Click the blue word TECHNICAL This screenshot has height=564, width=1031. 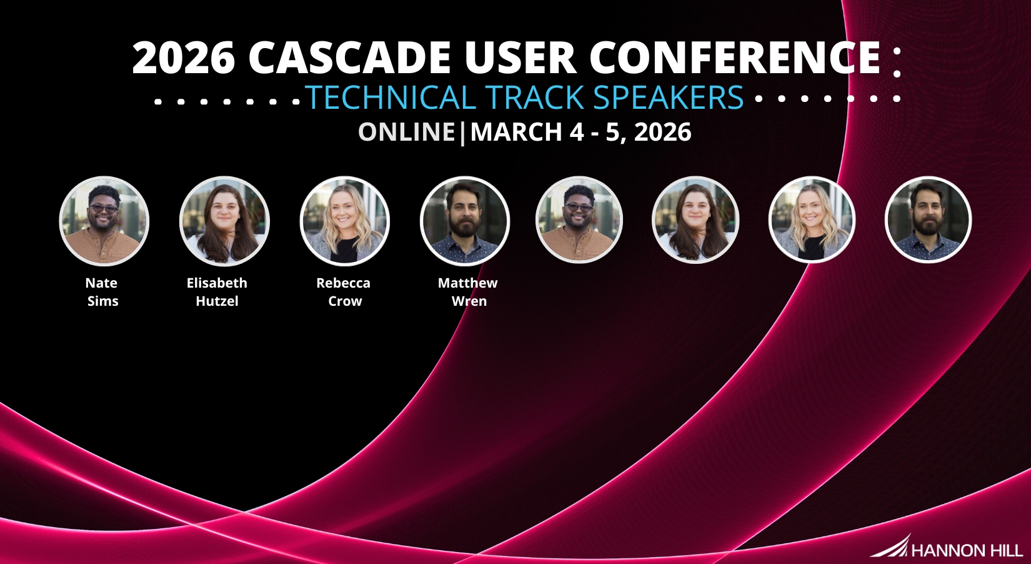click(x=391, y=97)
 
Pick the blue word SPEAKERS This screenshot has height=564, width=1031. click(x=669, y=97)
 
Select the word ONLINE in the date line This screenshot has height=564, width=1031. click(x=406, y=132)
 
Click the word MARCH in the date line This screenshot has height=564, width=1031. click(x=516, y=132)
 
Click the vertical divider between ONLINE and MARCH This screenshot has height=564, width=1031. click(x=462, y=133)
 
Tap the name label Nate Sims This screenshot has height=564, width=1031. click(x=102, y=292)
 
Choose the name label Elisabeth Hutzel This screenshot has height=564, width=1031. click(x=217, y=292)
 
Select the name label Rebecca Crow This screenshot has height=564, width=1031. click(x=344, y=292)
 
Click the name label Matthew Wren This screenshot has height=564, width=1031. click(x=467, y=292)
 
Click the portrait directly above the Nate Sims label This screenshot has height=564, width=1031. click(x=104, y=221)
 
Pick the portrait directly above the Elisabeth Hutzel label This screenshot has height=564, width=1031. click(x=224, y=221)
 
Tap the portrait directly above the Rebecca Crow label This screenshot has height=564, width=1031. click(x=345, y=221)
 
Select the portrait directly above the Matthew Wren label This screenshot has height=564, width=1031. click(x=465, y=221)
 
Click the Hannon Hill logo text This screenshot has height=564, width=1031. click(x=967, y=550)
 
